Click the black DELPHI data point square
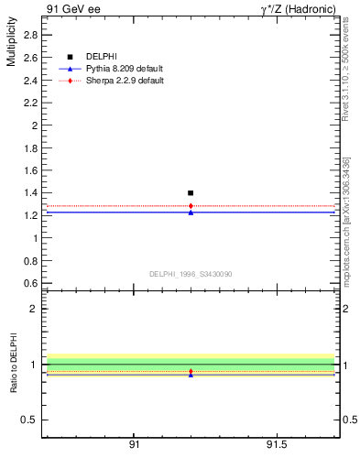[x=191, y=193]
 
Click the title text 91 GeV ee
[x=74, y=9]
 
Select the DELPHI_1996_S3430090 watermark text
[x=190, y=274]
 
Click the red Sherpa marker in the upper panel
[x=191, y=206]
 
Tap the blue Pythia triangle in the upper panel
[x=191, y=213]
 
